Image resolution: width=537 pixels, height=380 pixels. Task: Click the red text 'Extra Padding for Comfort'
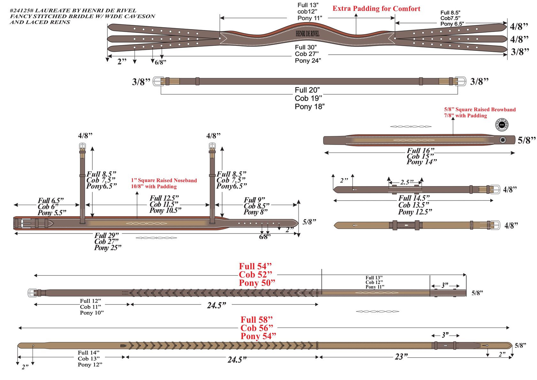click(x=376, y=9)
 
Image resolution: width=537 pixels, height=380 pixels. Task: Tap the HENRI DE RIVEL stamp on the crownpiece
click(x=307, y=34)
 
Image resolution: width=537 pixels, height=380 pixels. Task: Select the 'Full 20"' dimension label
click(x=307, y=90)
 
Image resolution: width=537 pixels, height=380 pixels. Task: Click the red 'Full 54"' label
click(x=255, y=266)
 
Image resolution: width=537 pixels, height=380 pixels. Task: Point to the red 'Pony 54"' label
click(x=258, y=336)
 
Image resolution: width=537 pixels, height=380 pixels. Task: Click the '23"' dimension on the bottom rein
click(x=401, y=356)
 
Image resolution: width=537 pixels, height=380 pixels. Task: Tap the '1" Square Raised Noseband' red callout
click(x=164, y=180)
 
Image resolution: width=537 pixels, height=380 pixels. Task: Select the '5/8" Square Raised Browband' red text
click(x=480, y=109)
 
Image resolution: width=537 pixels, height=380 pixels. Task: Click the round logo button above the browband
click(x=502, y=125)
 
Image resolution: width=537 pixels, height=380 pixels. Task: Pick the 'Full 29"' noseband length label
click(x=106, y=236)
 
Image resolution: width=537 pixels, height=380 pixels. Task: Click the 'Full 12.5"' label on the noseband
click(x=164, y=198)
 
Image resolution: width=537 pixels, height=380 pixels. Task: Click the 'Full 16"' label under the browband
click(x=420, y=151)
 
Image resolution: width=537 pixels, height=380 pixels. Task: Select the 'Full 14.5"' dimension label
click(x=414, y=198)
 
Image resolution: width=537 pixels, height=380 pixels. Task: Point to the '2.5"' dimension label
click(x=407, y=182)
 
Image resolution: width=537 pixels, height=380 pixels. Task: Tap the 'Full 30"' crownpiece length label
click(x=306, y=47)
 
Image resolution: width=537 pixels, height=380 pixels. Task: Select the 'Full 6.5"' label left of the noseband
click(x=51, y=201)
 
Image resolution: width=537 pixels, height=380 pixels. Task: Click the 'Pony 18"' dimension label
click(x=309, y=107)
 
